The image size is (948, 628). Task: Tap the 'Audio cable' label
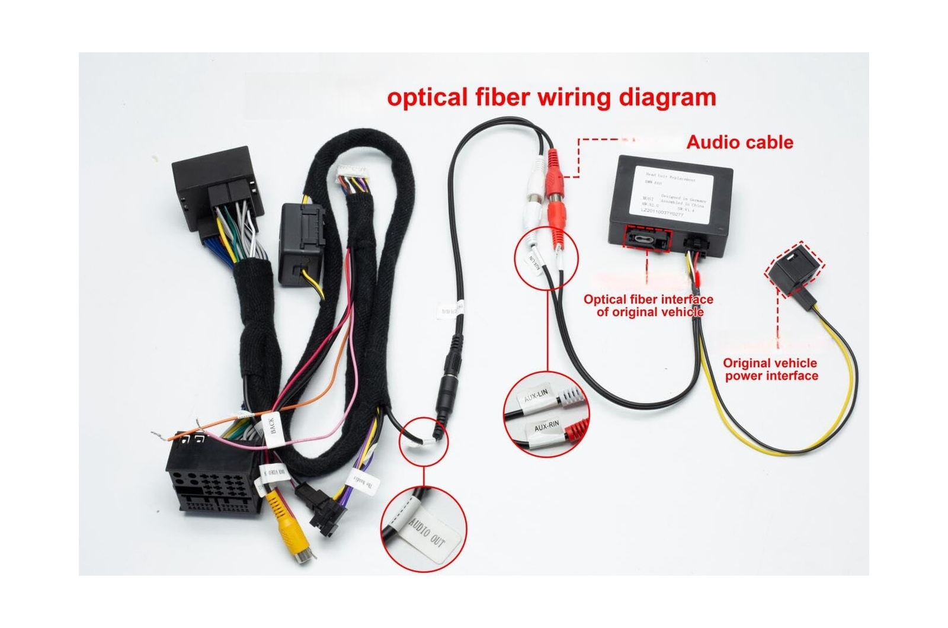[739, 142]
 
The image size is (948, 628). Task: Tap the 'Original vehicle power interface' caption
[770, 370]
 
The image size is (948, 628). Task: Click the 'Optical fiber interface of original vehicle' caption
[649, 306]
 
